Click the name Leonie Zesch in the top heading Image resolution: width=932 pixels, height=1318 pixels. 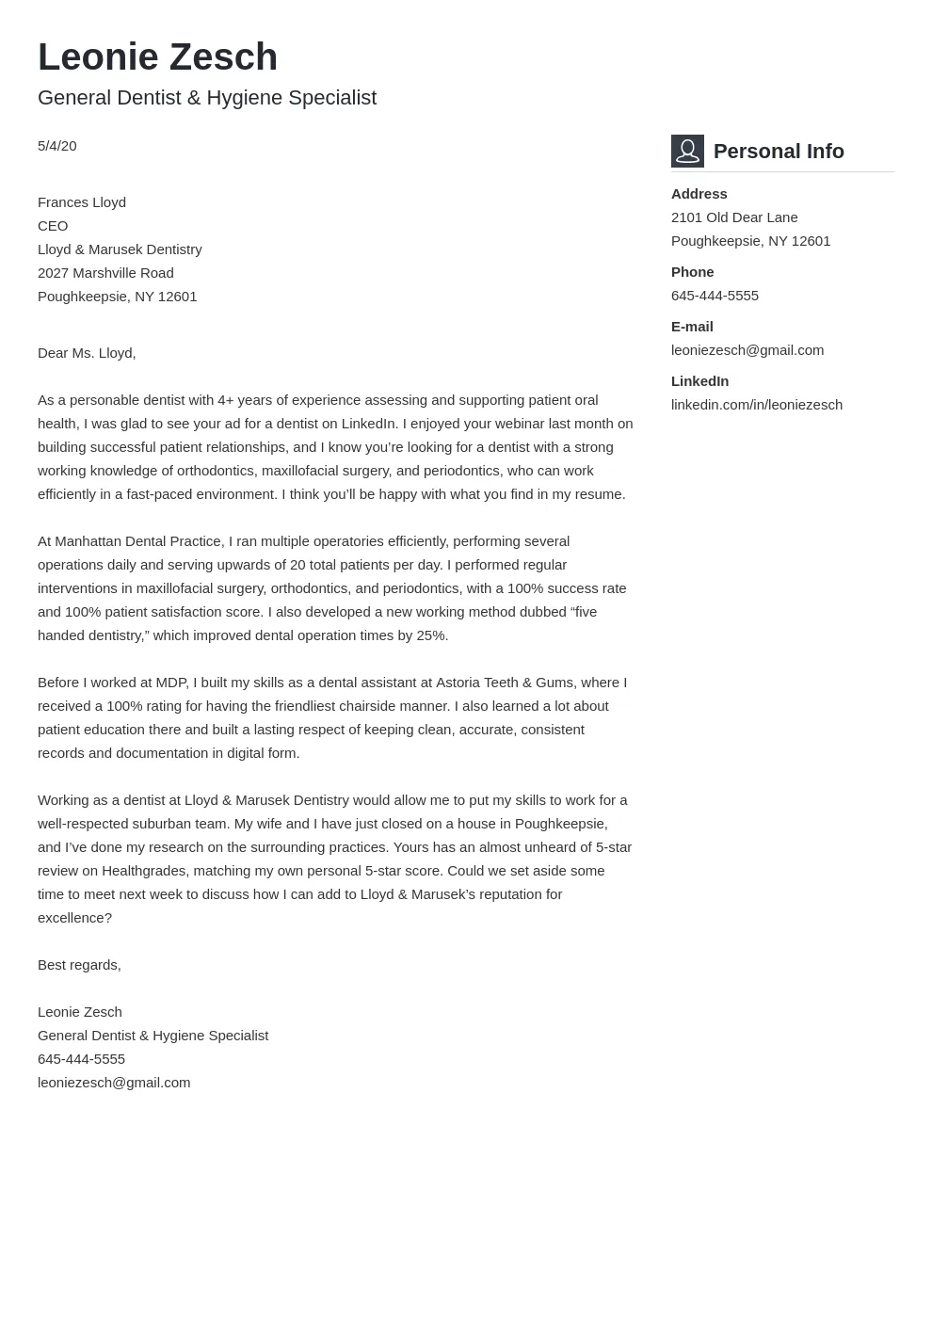[157, 57]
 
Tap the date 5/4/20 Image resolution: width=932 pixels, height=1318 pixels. [57, 146]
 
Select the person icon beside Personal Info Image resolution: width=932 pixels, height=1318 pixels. [687, 151]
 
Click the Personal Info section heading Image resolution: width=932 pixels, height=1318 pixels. [779, 152]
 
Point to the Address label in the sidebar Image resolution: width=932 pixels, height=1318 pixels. [699, 194]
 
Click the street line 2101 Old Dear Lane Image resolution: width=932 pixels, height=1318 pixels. [734, 217]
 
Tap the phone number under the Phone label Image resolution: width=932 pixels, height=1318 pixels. [715, 296]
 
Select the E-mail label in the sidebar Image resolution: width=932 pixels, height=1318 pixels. [692, 327]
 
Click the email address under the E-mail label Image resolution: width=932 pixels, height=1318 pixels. [747, 350]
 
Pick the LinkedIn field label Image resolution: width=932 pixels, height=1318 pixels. [699, 381]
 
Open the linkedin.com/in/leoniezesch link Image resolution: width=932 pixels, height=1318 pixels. [757, 405]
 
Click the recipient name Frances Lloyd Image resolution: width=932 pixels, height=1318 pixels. [82, 202]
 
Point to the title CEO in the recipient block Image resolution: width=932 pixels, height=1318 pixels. [53, 226]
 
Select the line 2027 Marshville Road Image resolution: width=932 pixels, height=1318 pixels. [105, 273]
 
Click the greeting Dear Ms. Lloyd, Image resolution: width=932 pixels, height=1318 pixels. [87, 353]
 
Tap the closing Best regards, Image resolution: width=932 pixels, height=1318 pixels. [79, 965]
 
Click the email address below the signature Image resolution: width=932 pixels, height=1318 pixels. [114, 1083]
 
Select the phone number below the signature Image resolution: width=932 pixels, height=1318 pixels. [81, 1059]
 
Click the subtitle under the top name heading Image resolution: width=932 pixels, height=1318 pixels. [207, 98]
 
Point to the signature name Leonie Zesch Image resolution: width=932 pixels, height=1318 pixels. [80, 1012]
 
